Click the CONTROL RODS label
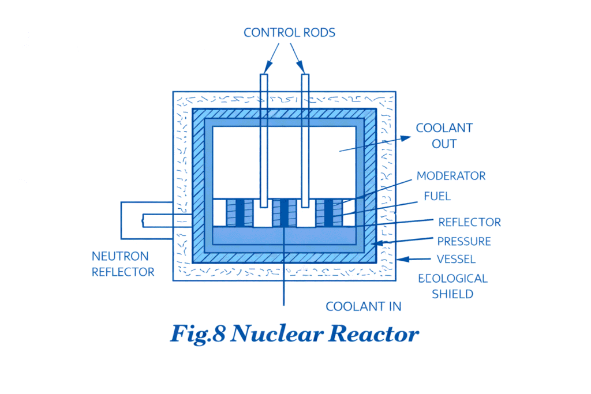(289, 32)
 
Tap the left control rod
(264, 138)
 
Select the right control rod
(305, 138)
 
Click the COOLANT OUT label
(444, 136)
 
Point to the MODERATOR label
(451, 175)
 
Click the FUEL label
(437, 196)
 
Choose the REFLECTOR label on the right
(469, 222)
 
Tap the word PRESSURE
(463, 241)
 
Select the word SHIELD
(452, 294)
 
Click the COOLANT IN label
(363, 306)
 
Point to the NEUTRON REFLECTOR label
(123, 264)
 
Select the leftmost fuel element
(239, 212)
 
